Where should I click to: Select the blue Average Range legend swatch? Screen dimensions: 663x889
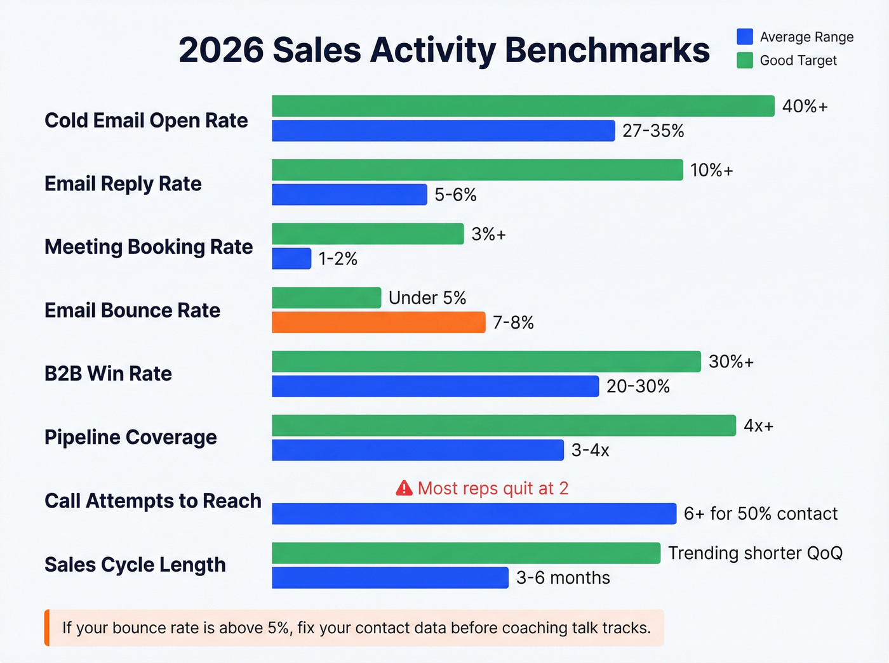pyautogui.click(x=744, y=37)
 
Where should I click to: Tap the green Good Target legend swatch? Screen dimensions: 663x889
pyautogui.click(x=744, y=60)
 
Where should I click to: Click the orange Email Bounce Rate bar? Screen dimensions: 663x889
pyautogui.click(x=378, y=322)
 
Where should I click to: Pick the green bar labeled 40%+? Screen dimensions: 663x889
pyautogui.click(x=523, y=106)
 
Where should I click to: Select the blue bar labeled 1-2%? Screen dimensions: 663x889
pyautogui.click(x=291, y=258)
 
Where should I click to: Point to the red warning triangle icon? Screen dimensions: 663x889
pyautogui.click(x=404, y=488)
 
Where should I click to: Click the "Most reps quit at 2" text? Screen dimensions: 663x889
pyautogui.click(x=493, y=488)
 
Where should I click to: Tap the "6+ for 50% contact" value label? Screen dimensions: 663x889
pyautogui.click(x=760, y=513)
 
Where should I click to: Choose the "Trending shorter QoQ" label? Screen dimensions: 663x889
pyautogui.click(x=754, y=553)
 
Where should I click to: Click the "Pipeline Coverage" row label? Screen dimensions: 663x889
pyautogui.click(x=131, y=437)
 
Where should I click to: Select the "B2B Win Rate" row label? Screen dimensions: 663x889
pyautogui.click(x=108, y=373)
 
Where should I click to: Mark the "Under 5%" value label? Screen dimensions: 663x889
pyautogui.click(x=427, y=298)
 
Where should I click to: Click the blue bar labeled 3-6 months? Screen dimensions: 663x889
pyautogui.click(x=390, y=577)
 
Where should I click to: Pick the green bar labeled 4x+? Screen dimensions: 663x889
pyautogui.click(x=504, y=425)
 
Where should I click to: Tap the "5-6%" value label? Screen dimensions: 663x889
pyautogui.click(x=455, y=194)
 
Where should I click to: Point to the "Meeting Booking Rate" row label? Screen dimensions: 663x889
pyautogui.click(x=149, y=246)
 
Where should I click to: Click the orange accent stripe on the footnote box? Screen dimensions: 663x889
pyautogui.click(x=47, y=627)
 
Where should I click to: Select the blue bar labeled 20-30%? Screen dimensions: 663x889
pyautogui.click(x=435, y=386)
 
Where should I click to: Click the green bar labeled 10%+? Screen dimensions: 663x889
pyautogui.click(x=477, y=170)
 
